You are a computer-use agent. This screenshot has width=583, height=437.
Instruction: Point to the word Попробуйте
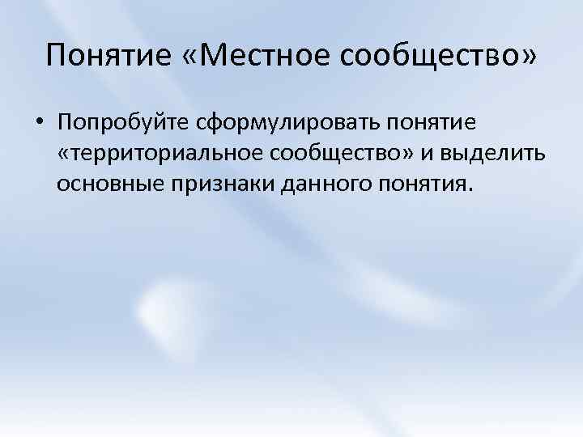tap(121, 124)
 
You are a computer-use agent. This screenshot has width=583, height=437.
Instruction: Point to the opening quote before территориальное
tap(64, 153)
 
